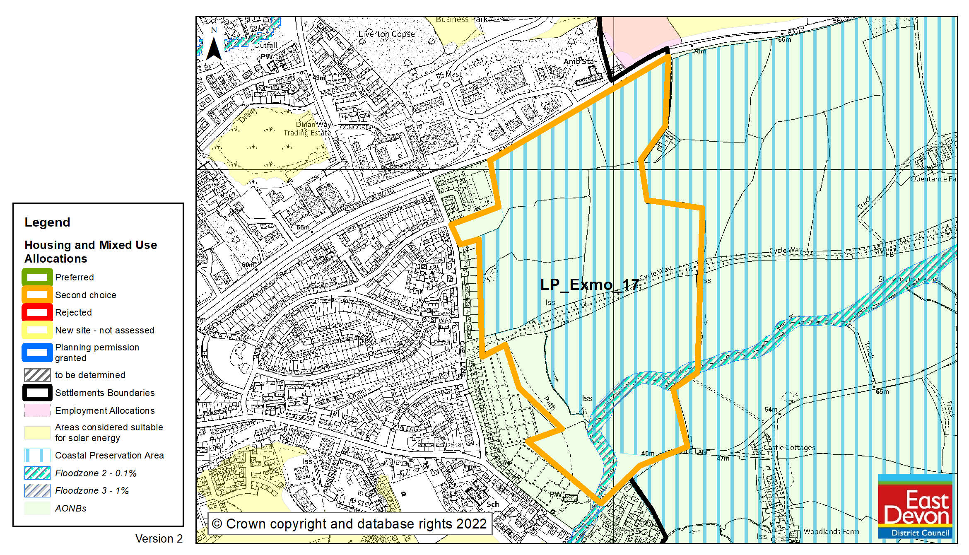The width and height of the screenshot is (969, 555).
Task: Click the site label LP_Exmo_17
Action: pos(589,285)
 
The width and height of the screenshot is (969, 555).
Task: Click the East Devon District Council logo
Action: pos(915,506)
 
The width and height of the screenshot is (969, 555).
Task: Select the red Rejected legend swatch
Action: pos(37,312)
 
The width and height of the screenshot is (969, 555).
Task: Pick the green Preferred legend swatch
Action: pos(37,277)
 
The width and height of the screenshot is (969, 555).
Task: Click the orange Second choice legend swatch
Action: pos(37,295)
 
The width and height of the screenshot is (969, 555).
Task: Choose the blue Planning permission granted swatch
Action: pos(37,352)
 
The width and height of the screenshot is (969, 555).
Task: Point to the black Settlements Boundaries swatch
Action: pos(37,393)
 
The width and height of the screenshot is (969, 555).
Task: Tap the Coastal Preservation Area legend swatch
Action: pos(37,455)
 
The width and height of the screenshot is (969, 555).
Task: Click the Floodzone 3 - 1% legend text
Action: pos(92,491)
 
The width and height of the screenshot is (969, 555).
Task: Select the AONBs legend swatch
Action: pos(37,508)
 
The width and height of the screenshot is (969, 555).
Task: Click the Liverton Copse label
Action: pos(386,34)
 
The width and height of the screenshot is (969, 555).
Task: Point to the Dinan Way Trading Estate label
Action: pos(308,129)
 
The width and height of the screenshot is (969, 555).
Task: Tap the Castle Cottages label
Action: pos(789,448)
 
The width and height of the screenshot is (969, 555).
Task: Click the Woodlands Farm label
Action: pos(831,531)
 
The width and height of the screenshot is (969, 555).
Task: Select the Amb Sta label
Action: pos(579,61)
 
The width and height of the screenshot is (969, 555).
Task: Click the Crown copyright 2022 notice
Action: pos(349,524)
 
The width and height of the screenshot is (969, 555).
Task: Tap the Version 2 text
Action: pos(159,539)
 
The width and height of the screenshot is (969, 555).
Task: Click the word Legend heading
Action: pos(47,222)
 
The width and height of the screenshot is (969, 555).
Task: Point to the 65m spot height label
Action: pos(882,391)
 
